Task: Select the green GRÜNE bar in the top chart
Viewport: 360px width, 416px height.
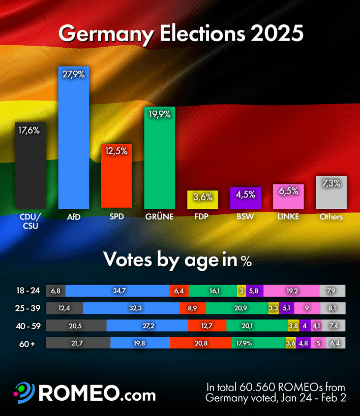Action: (160, 157)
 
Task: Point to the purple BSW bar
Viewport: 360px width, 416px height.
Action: (246, 198)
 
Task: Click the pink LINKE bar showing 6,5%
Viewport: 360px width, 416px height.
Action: (289, 197)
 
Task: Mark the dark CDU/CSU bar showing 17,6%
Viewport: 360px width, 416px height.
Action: (31, 166)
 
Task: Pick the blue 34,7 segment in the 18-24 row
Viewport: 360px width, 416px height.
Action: (117, 291)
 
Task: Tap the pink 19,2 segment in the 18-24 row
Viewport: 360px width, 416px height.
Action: (291, 291)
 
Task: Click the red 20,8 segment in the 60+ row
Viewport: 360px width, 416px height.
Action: (200, 343)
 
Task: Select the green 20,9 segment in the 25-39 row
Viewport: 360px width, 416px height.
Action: (236, 308)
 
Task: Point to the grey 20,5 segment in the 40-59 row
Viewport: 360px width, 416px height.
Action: (76, 325)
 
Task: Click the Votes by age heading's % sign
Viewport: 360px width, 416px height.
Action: (247, 262)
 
